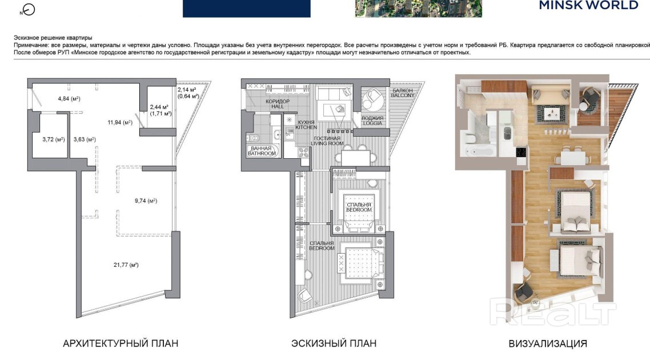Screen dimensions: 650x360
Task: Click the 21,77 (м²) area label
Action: [x=126, y=265]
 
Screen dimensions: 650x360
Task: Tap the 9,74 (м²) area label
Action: [x=146, y=201]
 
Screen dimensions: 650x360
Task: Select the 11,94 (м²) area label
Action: [x=120, y=122]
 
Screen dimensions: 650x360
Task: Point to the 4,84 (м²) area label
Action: [x=69, y=99]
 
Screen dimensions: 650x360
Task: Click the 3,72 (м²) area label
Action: [x=54, y=139]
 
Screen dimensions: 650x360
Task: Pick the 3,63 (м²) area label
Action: [x=85, y=139]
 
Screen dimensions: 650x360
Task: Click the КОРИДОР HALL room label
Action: [x=278, y=103]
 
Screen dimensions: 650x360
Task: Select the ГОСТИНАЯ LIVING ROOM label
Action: [x=327, y=141]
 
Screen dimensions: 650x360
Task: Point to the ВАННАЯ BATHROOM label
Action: [x=262, y=151]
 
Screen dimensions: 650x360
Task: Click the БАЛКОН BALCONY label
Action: [x=403, y=93]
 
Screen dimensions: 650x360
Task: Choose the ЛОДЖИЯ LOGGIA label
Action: [x=372, y=121]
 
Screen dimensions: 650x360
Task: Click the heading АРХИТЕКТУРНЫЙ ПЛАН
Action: [x=121, y=343]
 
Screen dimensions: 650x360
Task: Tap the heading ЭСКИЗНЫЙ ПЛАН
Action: [x=334, y=343]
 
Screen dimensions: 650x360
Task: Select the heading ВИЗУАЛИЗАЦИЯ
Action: [x=548, y=344]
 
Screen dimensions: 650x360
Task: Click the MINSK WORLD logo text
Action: [x=589, y=5]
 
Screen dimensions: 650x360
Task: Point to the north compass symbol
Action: [x=28, y=10]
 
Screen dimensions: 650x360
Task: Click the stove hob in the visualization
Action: [x=521, y=152]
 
